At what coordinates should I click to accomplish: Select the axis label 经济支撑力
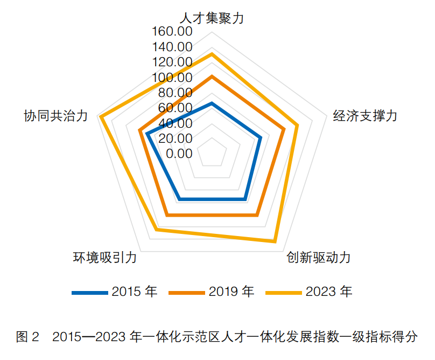point(365,116)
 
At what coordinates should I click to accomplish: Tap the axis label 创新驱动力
point(318,257)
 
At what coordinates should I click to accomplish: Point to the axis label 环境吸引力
point(105,257)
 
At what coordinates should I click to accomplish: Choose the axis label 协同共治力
point(55,116)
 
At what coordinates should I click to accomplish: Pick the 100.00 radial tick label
point(172,77)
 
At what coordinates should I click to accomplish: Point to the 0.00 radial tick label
point(179,154)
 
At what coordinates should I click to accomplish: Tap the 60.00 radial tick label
point(175,108)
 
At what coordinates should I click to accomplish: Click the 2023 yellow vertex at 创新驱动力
point(275,241)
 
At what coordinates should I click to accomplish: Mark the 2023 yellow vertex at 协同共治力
point(100,117)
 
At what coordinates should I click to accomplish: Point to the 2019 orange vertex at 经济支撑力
point(284,129)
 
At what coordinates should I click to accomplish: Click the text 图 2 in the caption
point(27,338)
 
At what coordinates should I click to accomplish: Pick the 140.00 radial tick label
point(172,46)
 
